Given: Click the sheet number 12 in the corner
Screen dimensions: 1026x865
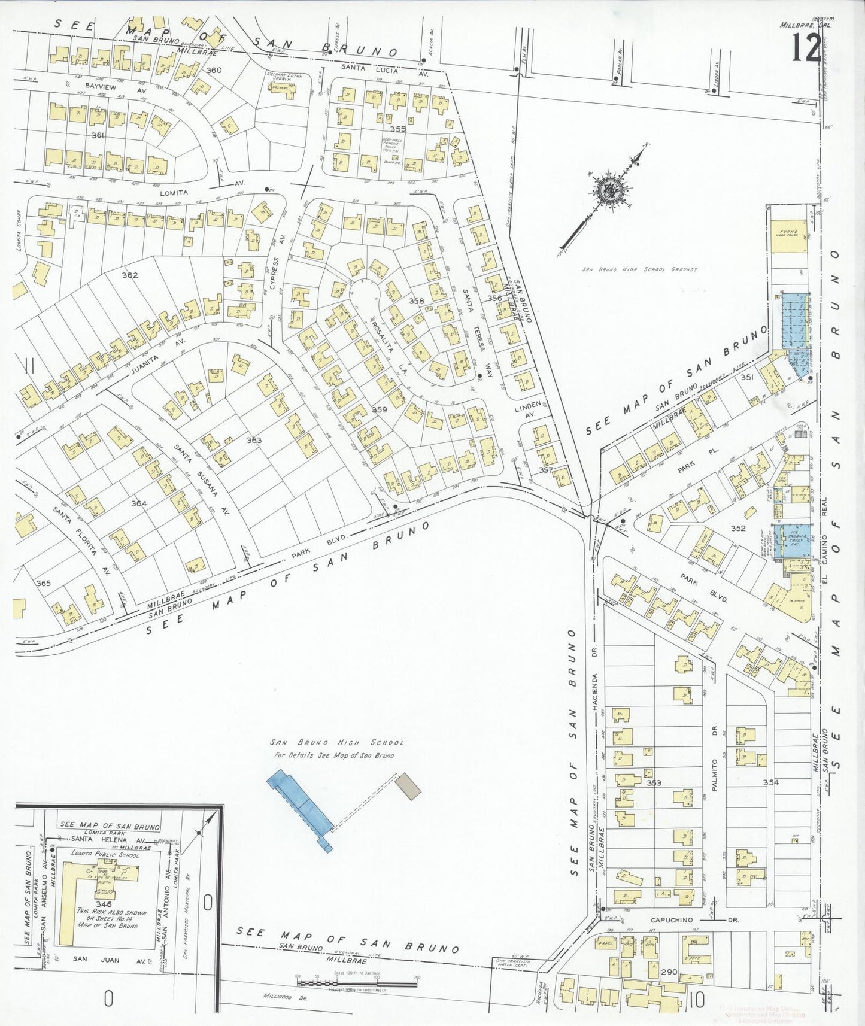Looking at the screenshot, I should point(806,47).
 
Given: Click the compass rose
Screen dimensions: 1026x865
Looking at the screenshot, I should point(611,190).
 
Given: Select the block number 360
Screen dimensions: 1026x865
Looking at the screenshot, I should point(214,70).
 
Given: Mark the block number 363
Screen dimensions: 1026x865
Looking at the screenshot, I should point(254,440).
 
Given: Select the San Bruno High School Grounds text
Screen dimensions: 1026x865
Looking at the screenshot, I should point(639,270).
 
